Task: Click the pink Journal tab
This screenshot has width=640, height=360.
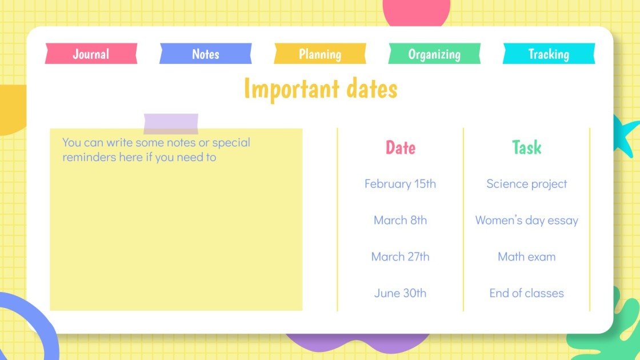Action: tap(91, 54)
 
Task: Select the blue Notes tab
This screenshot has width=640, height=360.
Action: tap(205, 54)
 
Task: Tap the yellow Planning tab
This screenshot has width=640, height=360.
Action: tap(320, 54)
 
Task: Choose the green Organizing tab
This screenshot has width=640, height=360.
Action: tap(434, 54)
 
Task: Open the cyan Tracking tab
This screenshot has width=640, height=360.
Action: tap(549, 54)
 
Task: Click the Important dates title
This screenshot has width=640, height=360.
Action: tap(320, 89)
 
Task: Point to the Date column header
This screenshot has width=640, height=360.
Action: tap(400, 147)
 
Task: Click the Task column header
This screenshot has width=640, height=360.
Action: tap(526, 147)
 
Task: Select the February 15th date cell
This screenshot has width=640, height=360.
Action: tap(400, 184)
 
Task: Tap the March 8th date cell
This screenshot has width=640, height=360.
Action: tap(400, 221)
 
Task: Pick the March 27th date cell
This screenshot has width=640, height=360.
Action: tap(400, 257)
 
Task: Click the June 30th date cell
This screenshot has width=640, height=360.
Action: tap(400, 294)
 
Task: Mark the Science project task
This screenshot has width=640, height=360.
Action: tap(526, 184)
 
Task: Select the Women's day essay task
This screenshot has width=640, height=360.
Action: tap(526, 221)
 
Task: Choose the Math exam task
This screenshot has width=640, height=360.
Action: tap(526, 257)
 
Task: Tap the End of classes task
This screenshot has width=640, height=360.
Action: tap(526, 294)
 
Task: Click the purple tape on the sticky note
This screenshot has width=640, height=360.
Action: tap(171, 123)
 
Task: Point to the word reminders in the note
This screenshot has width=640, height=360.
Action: tap(89, 157)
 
